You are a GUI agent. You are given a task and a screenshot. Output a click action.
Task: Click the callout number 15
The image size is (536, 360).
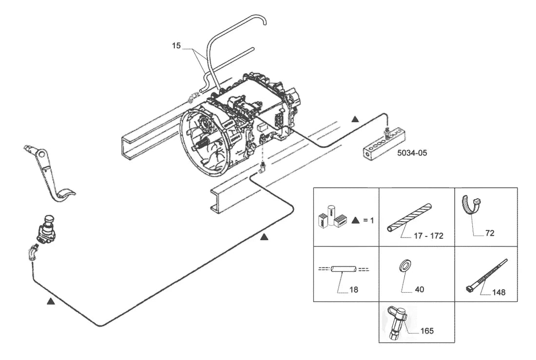click(x=176, y=45)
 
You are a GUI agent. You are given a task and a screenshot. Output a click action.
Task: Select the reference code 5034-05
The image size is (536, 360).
click(x=412, y=153)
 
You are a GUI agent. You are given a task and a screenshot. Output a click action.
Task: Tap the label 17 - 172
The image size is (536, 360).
click(x=428, y=236)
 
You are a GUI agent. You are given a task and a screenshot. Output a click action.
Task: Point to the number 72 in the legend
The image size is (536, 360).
click(x=490, y=233)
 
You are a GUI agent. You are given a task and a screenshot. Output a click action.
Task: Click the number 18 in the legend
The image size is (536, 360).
click(x=353, y=289)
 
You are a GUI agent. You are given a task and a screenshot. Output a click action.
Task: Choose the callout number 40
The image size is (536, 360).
click(x=419, y=289)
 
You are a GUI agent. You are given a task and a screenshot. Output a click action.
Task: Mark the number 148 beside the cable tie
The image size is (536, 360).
click(x=499, y=292)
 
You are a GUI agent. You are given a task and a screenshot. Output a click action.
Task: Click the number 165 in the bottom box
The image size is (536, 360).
click(x=427, y=331)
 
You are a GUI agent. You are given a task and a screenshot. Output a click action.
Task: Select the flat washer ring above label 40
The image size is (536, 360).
click(x=405, y=265)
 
